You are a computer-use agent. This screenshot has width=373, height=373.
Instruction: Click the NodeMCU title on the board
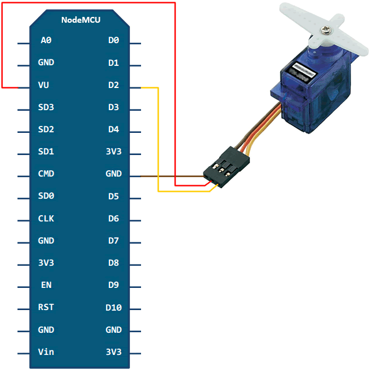80,20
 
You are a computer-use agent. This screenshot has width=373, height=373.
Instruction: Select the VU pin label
44,85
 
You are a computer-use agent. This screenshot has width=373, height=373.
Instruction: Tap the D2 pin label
114,85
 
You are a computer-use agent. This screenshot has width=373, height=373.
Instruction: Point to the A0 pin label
46,40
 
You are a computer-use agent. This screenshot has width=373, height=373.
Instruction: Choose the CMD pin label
46,174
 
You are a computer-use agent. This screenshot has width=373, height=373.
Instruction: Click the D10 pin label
114,307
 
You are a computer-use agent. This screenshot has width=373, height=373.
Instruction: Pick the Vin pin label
46,352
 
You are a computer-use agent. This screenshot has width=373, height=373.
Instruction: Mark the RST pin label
46,307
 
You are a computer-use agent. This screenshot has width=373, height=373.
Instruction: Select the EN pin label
46,285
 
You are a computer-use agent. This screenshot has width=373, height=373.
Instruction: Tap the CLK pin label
46,219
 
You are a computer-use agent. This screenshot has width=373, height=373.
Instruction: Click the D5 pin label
114,196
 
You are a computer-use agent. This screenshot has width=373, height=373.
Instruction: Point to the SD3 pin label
46,107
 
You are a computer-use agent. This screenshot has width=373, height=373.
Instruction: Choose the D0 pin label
114,40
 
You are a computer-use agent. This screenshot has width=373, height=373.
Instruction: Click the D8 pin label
114,263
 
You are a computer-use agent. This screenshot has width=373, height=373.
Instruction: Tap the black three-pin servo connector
222,170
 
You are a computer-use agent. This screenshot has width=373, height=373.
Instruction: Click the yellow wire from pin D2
158,140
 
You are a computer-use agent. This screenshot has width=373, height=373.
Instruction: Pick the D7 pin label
114,241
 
